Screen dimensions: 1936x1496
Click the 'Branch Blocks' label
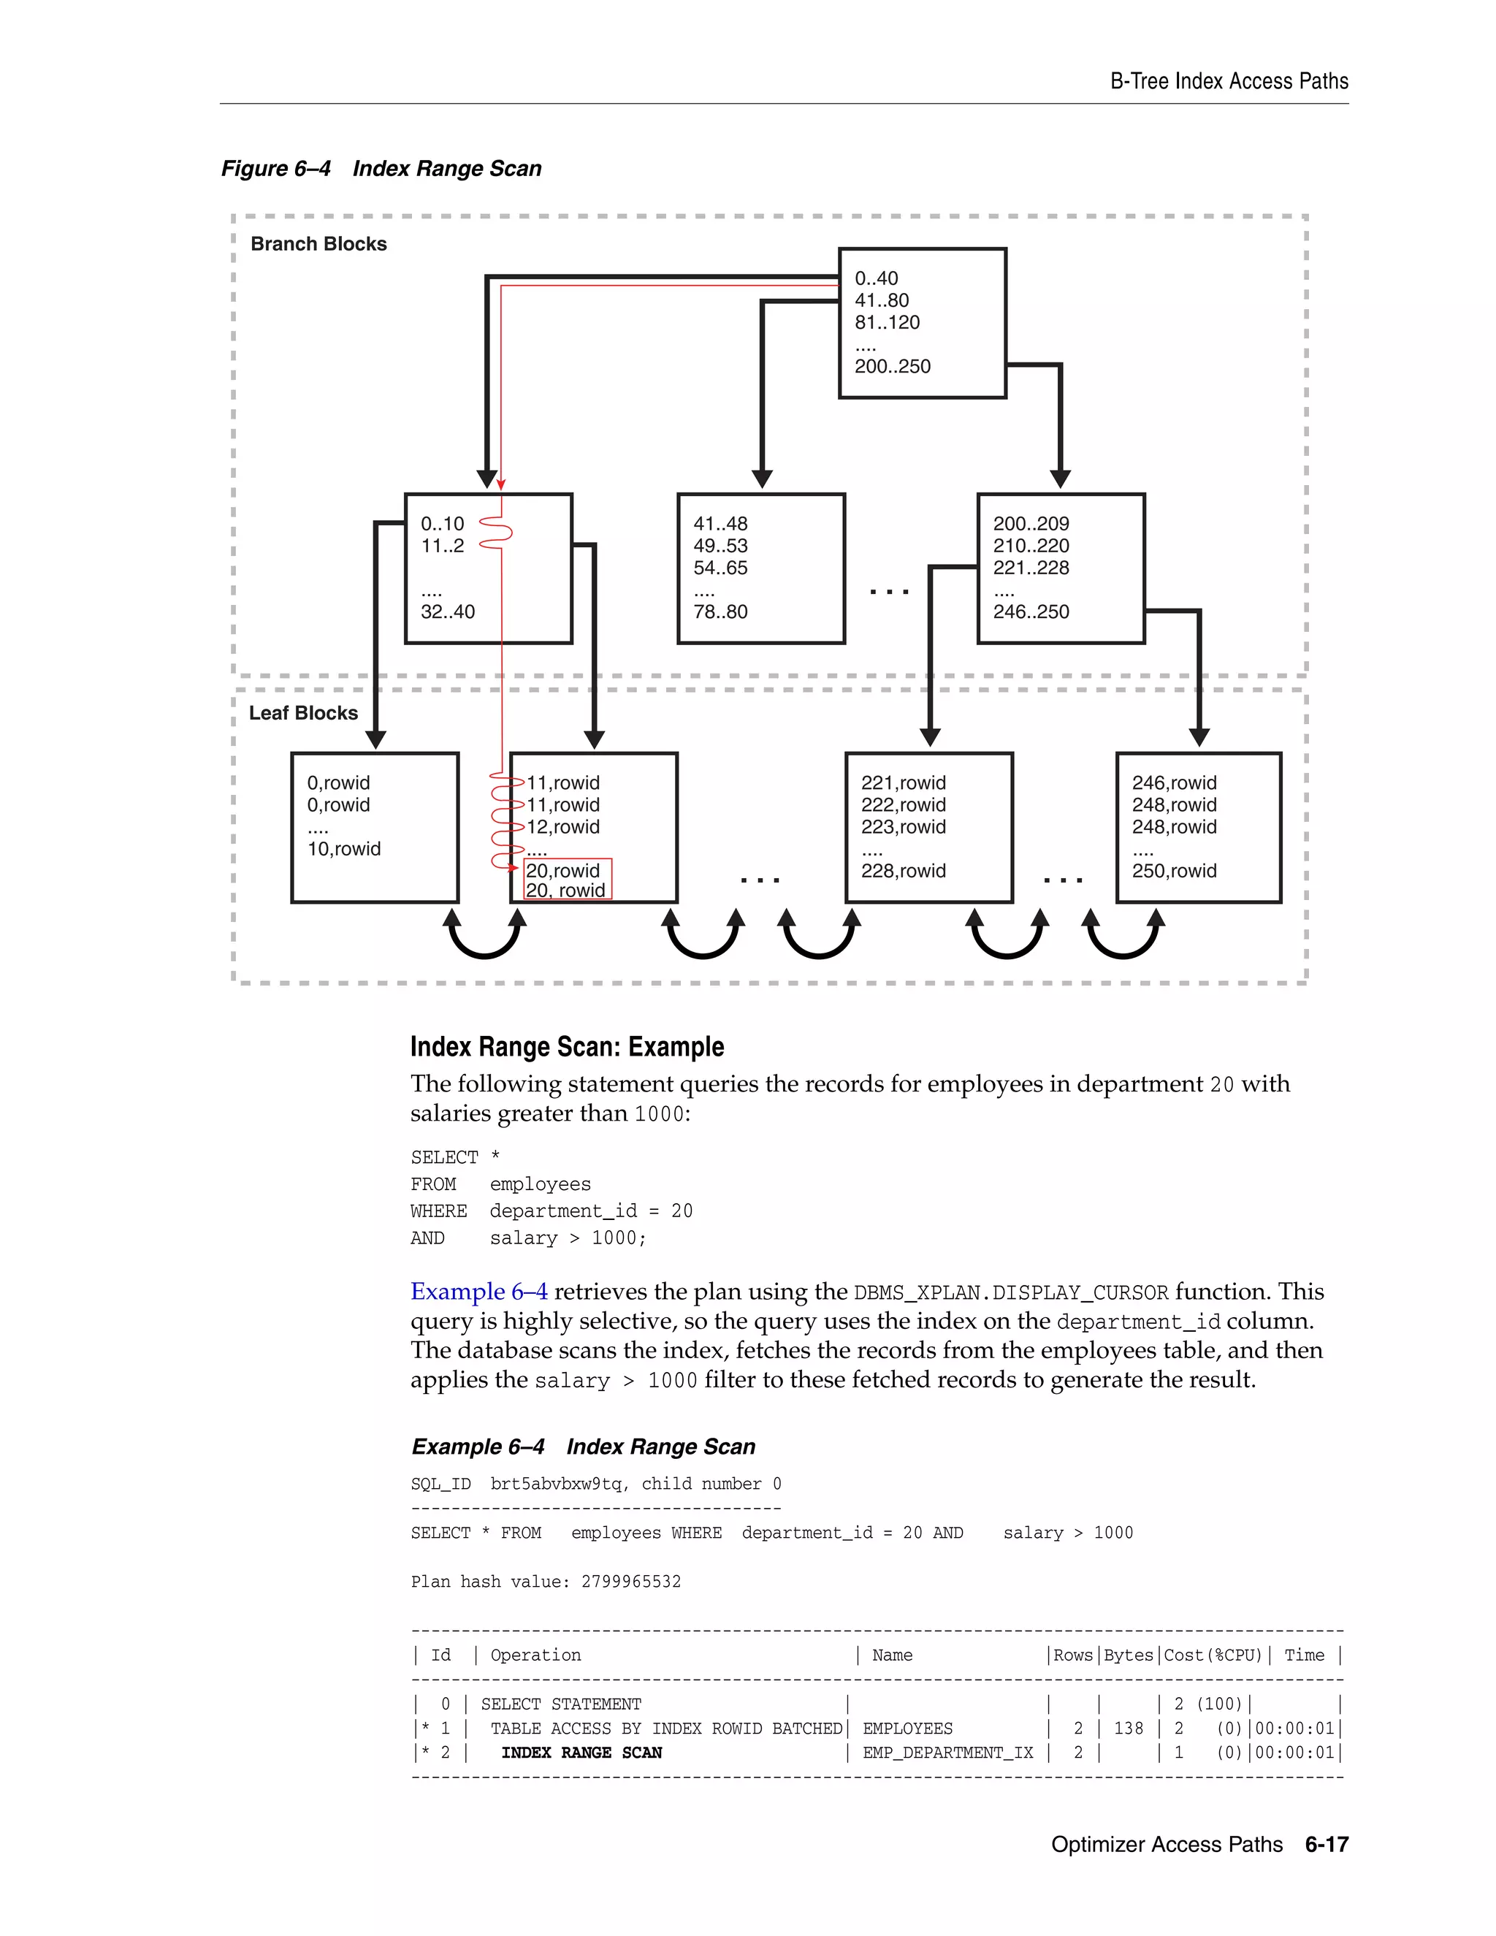tap(318, 244)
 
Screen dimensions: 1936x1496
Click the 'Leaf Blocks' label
tap(303, 713)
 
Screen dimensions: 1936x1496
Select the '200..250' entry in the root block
tap(892, 366)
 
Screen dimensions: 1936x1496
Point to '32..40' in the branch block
tap(448, 611)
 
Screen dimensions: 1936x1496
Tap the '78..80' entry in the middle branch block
tap(720, 611)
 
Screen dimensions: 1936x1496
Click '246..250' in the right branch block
tap(1031, 611)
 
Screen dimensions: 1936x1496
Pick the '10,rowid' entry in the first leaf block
tap(344, 848)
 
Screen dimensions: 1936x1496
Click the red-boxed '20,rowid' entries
tap(567, 880)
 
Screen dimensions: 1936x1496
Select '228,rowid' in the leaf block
tap(903, 871)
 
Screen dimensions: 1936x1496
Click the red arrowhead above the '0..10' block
tap(500, 484)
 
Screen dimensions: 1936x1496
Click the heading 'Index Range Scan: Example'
tap(566, 1047)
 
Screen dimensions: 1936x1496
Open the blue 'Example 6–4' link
tap(478, 1292)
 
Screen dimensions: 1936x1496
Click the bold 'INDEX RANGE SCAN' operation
tap(581, 1753)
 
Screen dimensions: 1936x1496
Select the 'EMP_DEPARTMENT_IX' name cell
tap(947, 1753)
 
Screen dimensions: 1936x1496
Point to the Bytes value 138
tap(1128, 1728)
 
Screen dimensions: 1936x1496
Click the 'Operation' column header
tap(535, 1655)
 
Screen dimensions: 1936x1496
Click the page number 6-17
tap(1326, 1845)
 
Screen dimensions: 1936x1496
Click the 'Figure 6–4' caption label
tap(275, 169)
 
